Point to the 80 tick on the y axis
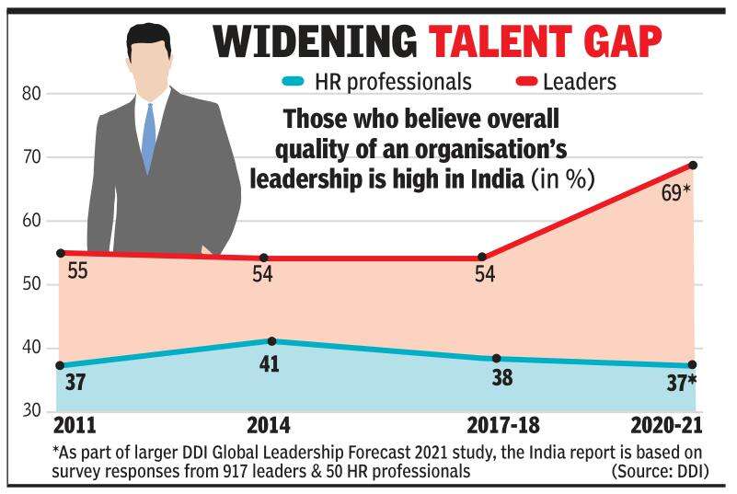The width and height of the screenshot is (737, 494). [x=31, y=94]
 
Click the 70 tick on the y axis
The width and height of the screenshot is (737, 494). [x=31, y=157]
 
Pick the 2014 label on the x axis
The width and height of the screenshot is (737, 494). [x=270, y=426]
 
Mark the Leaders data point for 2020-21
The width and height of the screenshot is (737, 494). [x=693, y=166]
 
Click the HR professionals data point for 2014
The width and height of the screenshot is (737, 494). [x=264, y=342]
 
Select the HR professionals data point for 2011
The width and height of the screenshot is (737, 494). [x=60, y=365]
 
